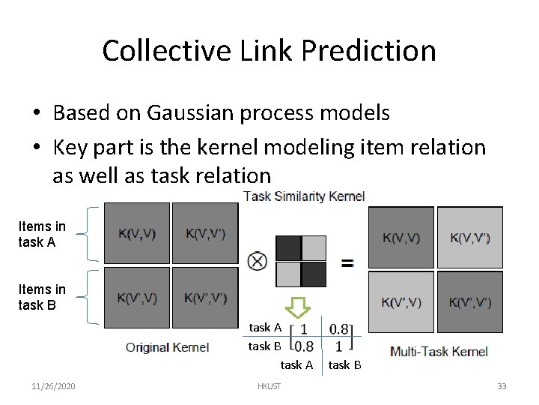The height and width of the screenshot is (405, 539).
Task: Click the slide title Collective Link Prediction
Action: (x=269, y=50)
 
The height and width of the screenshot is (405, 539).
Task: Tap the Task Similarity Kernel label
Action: (x=304, y=196)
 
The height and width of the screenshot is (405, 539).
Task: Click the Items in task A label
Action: (x=42, y=234)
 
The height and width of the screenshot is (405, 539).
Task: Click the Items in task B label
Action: (x=42, y=297)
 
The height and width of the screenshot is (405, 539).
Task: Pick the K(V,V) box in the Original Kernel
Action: (x=136, y=233)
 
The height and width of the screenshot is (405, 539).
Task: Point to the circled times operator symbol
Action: (x=257, y=262)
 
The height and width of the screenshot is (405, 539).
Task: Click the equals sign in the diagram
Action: (x=347, y=263)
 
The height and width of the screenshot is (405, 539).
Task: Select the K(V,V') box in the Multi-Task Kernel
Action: (x=470, y=238)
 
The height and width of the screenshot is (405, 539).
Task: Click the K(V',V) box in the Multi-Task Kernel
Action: (x=401, y=302)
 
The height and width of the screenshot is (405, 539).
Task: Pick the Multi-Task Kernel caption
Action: (x=439, y=351)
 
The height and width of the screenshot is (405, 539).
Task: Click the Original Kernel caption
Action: (x=167, y=347)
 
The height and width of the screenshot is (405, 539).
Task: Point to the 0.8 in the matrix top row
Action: (x=339, y=328)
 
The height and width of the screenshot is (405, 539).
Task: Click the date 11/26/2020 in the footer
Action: (x=52, y=386)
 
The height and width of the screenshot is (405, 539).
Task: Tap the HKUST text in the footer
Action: (x=269, y=386)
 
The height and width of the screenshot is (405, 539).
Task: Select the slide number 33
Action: (x=502, y=386)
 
